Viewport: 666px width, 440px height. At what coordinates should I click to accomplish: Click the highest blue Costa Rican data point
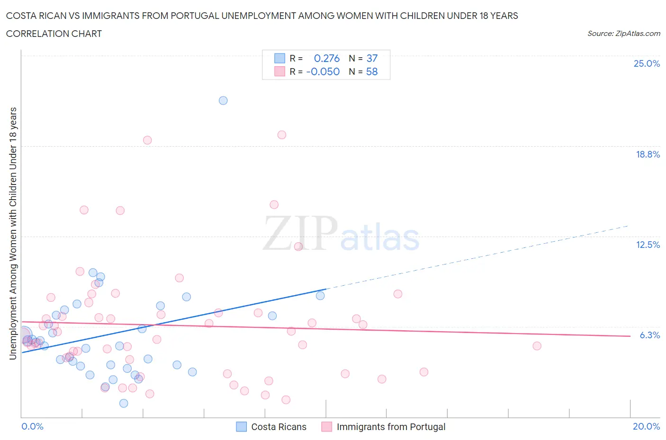tap(223, 100)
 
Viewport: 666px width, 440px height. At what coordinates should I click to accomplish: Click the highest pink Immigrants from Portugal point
tap(282, 135)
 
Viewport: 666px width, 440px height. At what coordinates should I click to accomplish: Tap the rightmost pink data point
tap(537, 346)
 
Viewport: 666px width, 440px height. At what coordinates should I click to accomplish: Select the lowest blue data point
tap(124, 403)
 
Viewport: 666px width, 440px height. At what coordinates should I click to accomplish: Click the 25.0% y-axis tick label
tap(647, 64)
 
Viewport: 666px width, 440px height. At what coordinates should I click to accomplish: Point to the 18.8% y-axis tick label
tap(648, 154)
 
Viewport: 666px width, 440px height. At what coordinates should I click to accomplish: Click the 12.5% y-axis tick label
tap(648, 245)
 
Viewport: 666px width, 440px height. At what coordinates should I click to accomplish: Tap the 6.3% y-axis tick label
tap(649, 335)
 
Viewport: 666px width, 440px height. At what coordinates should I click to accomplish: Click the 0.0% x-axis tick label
tap(32, 426)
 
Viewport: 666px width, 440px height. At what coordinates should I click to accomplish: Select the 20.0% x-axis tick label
tap(646, 426)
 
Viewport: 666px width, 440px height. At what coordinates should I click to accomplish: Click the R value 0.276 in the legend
tap(327, 58)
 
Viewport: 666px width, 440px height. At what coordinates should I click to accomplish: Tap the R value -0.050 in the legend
tap(323, 71)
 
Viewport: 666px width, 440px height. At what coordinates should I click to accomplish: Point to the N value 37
tap(372, 58)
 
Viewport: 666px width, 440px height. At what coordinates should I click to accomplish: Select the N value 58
tap(372, 71)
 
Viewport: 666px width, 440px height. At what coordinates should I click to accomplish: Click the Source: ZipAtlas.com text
tap(623, 34)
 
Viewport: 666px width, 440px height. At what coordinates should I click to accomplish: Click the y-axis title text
tap(13, 233)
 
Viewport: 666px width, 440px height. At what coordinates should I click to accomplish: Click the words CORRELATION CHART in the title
tap(54, 34)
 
